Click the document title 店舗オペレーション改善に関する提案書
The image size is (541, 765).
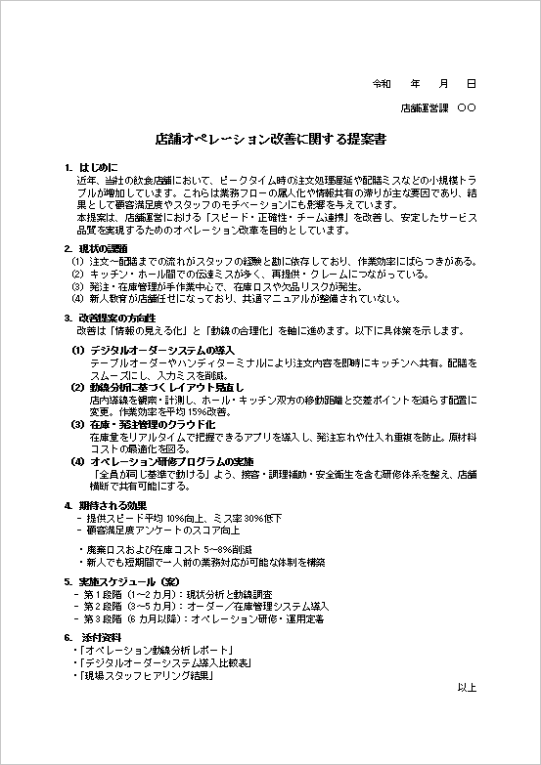click(270, 140)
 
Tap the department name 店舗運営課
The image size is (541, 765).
click(425, 107)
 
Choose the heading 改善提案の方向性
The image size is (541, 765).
click(116, 318)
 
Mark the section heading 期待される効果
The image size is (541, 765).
click(112, 505)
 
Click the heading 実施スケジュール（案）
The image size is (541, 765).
click(127, 581)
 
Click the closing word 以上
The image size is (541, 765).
click(467, 688)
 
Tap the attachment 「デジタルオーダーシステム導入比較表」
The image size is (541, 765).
click(162, 662)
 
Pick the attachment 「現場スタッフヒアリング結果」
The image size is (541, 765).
click(148, 675)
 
